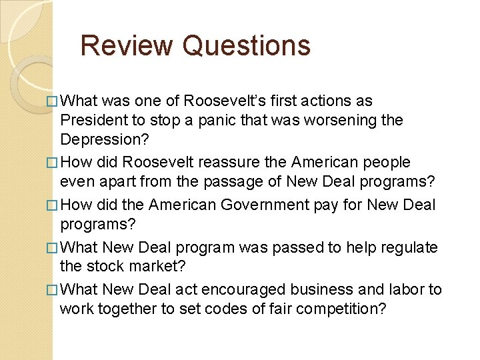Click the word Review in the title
[126, 45]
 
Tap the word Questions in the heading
[246, 45]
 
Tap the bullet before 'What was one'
[53, 101]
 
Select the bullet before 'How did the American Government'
[53, 205]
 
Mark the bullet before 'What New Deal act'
[53, 290]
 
